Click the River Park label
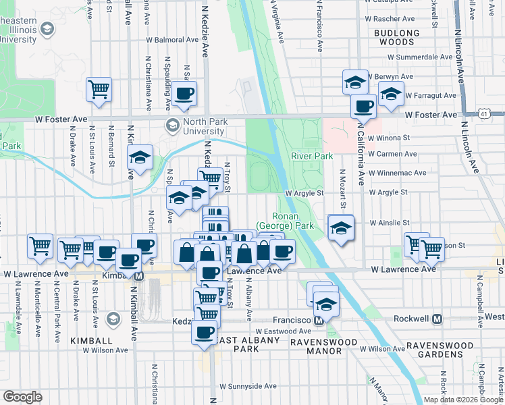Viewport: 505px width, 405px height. coord(312,157)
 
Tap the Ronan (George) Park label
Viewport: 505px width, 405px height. coord(284,220)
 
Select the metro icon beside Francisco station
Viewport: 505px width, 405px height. coord(322,321)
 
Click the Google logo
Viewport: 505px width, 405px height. coord(22,397)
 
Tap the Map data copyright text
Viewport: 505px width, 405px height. coord(463,400)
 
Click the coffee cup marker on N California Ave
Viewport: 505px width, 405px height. coord(363,105)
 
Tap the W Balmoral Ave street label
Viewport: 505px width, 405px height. coord(174,40)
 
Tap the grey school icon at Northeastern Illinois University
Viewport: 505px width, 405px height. coord(47,28)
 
